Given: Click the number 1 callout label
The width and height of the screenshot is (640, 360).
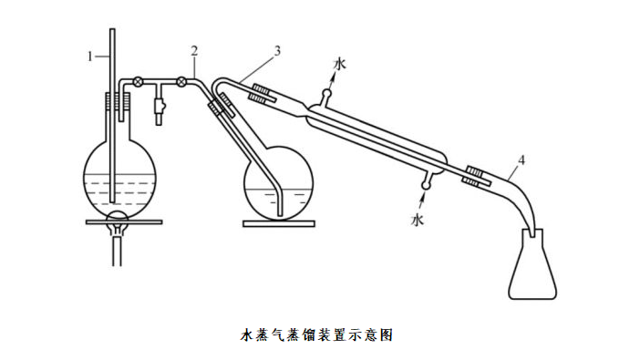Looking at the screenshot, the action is [90, 56].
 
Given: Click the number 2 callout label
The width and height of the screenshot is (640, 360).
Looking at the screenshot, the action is [194, 51].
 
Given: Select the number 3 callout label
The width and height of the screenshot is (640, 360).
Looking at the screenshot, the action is [277, 51].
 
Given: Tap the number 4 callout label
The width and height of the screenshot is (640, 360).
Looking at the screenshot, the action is [521, 160].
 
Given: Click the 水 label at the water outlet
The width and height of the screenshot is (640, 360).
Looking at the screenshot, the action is [339, 64].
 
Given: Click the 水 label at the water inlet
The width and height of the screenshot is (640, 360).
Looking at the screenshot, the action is [418, 220].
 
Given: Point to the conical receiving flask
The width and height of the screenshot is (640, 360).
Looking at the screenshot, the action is [532, 265].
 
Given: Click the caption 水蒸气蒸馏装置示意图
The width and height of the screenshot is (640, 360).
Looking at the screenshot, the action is [316, 334].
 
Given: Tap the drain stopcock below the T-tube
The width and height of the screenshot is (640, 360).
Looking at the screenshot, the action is [160, 107].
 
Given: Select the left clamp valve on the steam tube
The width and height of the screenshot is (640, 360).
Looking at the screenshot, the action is [139, 81].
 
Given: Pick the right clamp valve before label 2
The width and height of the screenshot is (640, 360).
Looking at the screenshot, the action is [181, 82].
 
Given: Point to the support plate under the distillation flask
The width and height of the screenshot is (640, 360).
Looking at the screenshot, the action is [279, 223].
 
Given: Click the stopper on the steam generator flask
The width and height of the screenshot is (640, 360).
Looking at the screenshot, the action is [118, 101].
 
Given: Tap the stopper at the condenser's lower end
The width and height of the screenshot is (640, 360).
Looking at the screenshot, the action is [476, 176].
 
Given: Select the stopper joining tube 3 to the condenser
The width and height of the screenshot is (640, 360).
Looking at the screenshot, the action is [262, 94].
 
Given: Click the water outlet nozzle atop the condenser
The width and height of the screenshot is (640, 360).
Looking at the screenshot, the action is [326, 98].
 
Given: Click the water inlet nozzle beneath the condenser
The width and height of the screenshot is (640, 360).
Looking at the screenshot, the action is [427, 181].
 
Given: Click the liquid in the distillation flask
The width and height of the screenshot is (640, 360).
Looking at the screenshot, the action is [279, 203].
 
